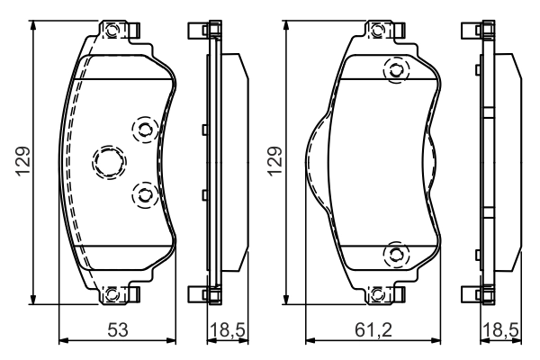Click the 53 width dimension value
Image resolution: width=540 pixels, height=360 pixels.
(118, 329)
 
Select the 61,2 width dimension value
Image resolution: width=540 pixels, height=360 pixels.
(373, 330)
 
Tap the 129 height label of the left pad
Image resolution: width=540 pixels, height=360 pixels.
(22, 161)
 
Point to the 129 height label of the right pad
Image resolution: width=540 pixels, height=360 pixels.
(274, 162)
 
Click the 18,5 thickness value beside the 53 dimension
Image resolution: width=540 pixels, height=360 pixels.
(228, 330)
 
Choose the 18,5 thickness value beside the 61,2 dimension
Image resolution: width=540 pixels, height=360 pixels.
(500, 330)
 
